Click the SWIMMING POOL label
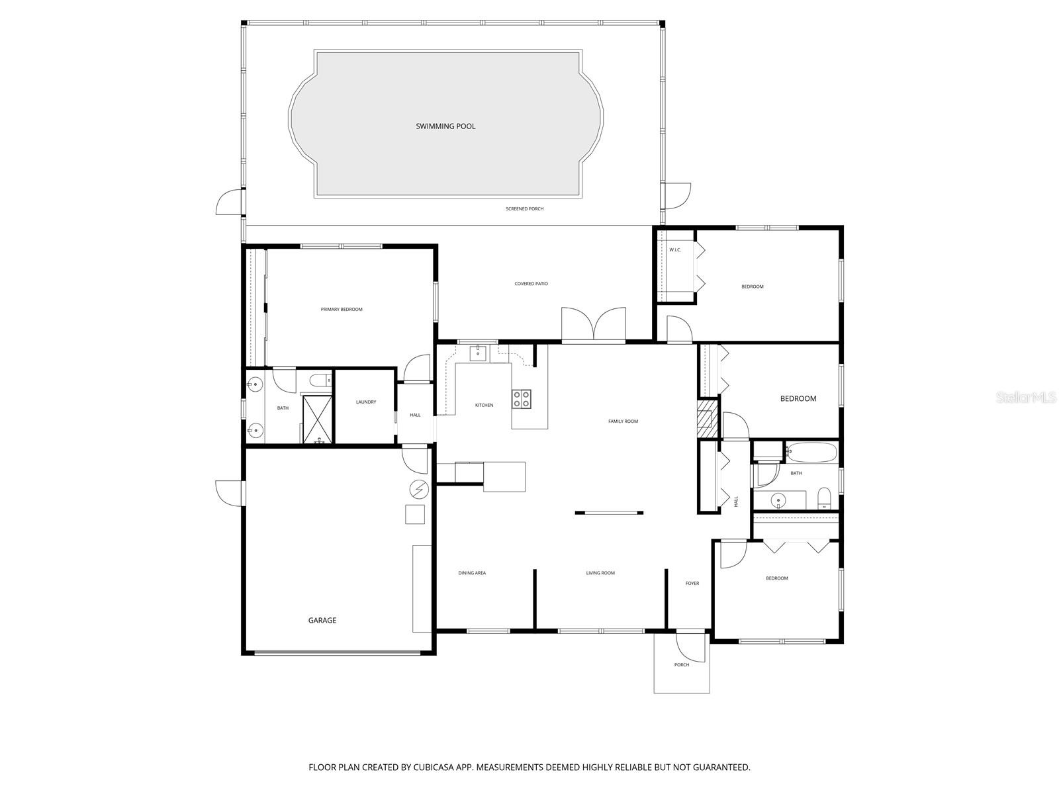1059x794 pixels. [445, 126]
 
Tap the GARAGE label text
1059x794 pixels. [322, 621]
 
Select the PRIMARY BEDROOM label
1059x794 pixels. [342, 310]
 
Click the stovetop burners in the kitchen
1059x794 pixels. [521, 398]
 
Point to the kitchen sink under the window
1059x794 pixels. [479, 353]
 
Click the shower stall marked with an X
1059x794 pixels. [316, 418]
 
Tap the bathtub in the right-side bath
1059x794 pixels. [811, 453]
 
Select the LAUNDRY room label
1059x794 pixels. [365, 402]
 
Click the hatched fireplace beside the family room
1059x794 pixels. [706, 418]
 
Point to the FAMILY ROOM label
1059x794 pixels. [623, 421]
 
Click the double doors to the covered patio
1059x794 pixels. [594, 325]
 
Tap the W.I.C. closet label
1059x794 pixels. [674, 250]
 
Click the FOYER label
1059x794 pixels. [692, 584]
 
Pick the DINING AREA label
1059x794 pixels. [472, 573]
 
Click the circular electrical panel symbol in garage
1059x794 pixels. [419, 489]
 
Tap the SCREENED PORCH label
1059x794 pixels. [524, 209]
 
